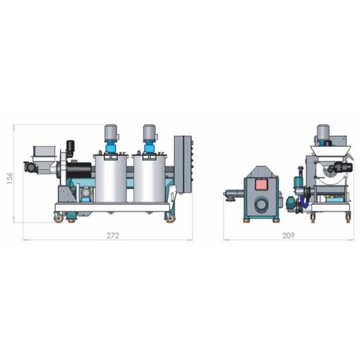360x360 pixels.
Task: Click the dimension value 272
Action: tap(113, 236)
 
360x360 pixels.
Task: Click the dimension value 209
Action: tap(288, 236)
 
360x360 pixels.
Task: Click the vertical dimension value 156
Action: tap(10, 178)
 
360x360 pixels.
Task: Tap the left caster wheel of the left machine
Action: tap(59, 218)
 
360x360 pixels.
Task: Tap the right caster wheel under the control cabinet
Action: tap(170, 218)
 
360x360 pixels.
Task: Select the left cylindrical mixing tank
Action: tap(111, 179)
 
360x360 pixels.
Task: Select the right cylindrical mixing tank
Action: tap(149, 179)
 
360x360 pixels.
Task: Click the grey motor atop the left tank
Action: tap(110, 133)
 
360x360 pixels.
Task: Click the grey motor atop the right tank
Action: tap(149, 133)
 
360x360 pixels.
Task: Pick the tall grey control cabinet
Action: tap(182, 164)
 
